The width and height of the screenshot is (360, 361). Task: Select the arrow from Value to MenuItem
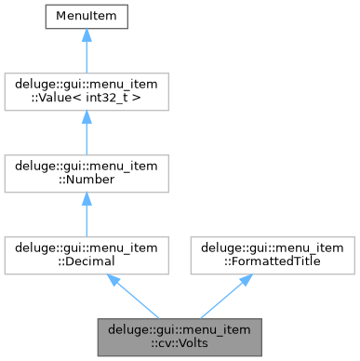coord(86,51)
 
